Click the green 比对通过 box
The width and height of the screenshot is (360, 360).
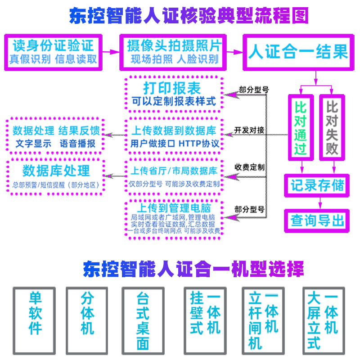tap(300, 127)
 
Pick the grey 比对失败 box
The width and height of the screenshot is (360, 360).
tap(332, 127)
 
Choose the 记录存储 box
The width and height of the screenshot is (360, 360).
tap(317, 185)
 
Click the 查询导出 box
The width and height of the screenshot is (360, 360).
tap(317, 220)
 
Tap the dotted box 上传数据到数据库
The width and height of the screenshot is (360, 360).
tap(174, 135)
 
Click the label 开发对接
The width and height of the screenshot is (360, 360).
tap(249, 130)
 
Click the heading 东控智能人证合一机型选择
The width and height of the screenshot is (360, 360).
tap(193, 269)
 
